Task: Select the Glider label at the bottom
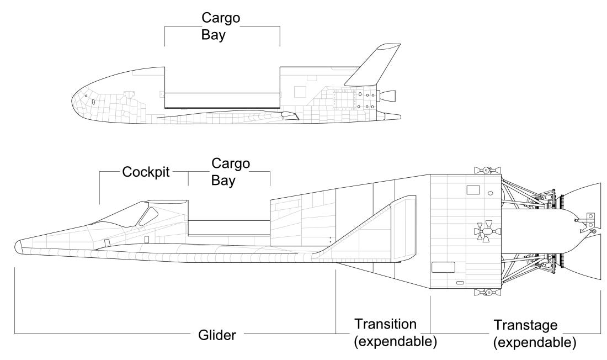tap(217, 335)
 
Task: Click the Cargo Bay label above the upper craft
tap(221, 26)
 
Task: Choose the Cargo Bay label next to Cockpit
tap(231, 172)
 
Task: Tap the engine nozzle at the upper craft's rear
tap(389, 96)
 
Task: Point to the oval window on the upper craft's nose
tap(93, 102)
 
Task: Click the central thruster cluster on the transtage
tap(484, 232)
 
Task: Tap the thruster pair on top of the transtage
tap(484, 168)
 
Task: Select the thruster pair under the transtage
tap(484, 293)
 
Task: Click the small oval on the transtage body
tap(491, 193)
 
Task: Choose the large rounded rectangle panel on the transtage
tap(443, 267)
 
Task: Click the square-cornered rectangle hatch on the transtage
tap(473, 190)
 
